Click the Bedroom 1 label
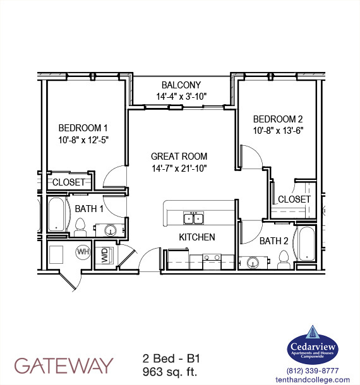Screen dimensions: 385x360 click(83, 126)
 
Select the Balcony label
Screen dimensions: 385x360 click(181, 85)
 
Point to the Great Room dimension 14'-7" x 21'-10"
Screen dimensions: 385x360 click(179, 168)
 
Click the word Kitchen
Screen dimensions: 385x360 click(196, 237)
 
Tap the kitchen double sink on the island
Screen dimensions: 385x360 click(193, 218)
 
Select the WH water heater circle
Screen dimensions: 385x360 click(83, 252)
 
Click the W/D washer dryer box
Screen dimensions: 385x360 click(105, 256)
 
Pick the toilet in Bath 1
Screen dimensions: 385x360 click(80, 227)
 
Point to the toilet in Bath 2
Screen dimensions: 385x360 click(284, 258)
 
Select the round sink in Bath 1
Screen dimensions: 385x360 click(112, 230)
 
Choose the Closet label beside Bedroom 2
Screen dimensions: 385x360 click(294, 199)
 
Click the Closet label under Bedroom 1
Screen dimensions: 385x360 click(69, 182)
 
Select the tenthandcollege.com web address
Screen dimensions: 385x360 click(313, 379)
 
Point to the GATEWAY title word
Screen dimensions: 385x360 click(64, 365)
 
